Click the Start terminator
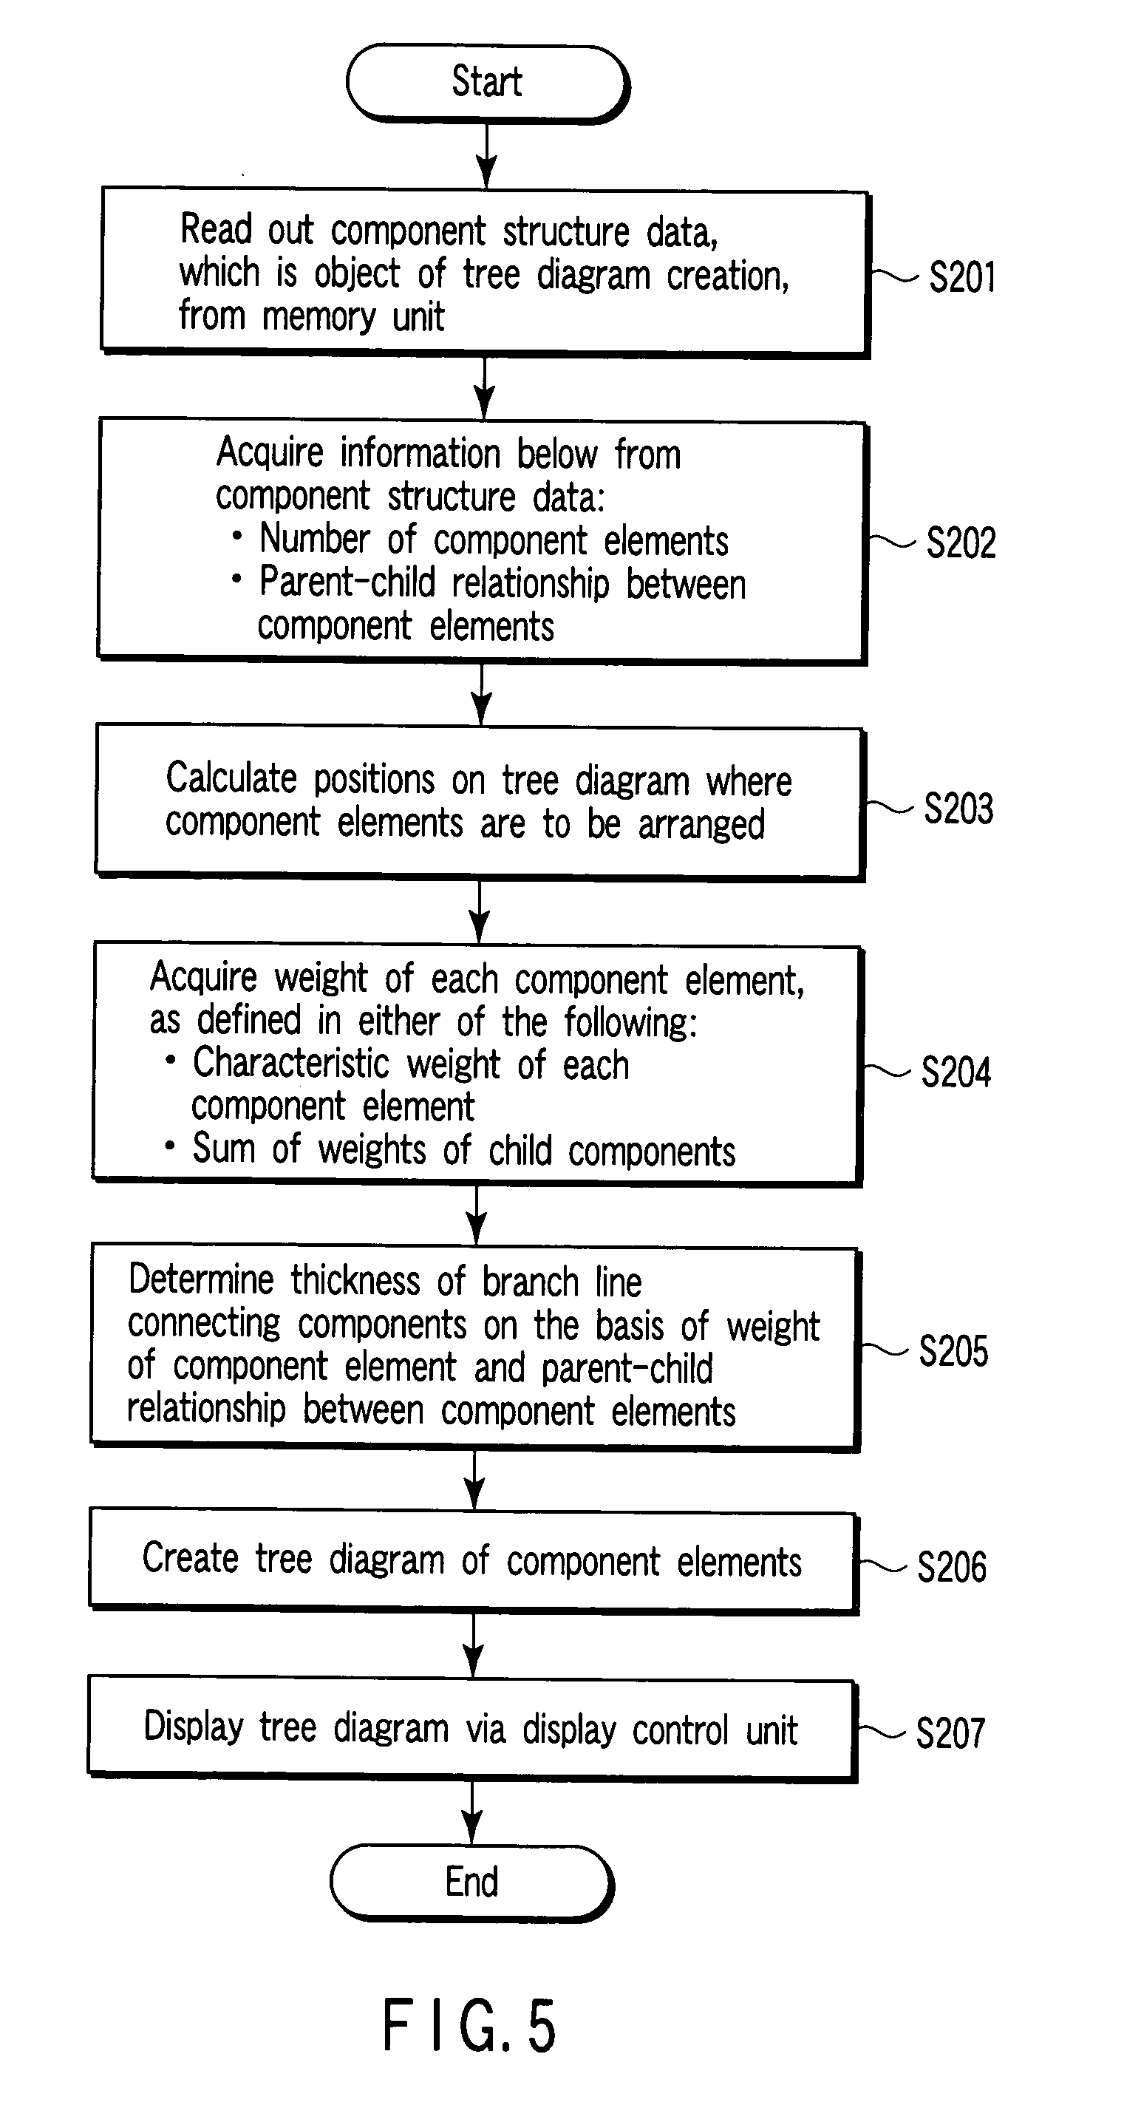click(488, 84)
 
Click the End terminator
click(471, 1882)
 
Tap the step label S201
click(962, 277)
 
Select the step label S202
click(961, 543)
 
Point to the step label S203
click(958, 808)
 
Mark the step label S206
click(952, 1566)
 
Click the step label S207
click(950, 1733)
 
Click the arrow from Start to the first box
click(487, 156)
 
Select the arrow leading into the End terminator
click(472, 1813)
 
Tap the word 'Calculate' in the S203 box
click(231, 778)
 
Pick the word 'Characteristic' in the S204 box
click(291, 1064)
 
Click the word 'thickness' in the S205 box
click(355, 1279)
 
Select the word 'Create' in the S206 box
click(191, 1557)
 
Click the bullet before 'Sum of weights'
click(170, 1145)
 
